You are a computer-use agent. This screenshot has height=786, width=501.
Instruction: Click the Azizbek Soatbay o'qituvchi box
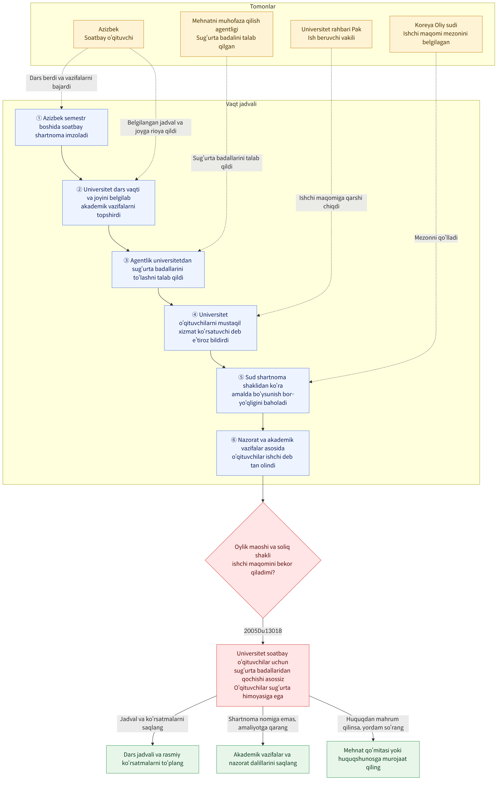[109, 34]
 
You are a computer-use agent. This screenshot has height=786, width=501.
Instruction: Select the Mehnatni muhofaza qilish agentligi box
[227, 34]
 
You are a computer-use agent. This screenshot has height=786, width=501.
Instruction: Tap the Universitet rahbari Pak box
[331, 34]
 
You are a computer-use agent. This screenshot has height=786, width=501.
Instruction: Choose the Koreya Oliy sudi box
[436, 34]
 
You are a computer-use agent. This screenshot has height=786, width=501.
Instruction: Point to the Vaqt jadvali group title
[241, 104]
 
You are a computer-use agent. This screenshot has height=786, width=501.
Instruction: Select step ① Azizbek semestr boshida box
[61, 127]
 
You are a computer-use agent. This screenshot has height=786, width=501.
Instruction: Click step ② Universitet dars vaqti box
[109, 202]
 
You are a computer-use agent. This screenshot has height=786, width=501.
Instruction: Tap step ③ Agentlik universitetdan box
[158, 269]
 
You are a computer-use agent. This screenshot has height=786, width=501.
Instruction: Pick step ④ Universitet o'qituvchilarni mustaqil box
[210, 328]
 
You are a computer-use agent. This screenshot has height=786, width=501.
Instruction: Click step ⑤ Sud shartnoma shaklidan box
[263, 390]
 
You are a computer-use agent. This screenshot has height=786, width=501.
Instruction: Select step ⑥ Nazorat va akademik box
[263, 453]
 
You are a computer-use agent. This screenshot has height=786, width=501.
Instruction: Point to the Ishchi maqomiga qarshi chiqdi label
[331, 202]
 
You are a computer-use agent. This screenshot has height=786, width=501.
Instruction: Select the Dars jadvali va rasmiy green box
[153, 759]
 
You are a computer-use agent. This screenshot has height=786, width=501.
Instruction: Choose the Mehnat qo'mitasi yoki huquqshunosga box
[373, 759]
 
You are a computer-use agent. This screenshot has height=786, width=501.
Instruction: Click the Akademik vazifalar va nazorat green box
[263, 759]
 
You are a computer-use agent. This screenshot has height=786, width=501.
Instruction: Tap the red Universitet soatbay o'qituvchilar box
[263, 675]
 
